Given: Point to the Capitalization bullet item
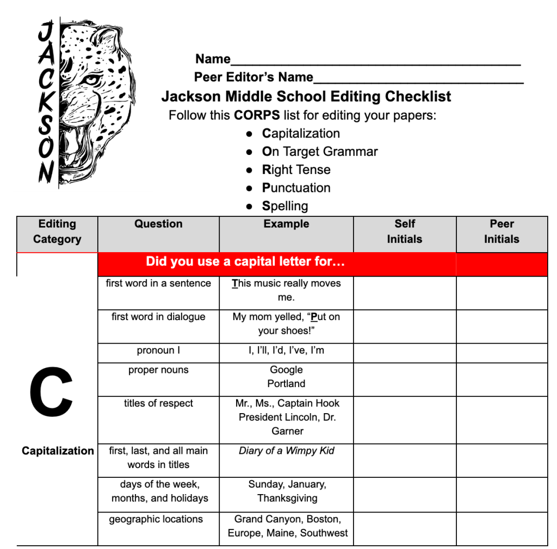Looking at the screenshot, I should coord(301,134).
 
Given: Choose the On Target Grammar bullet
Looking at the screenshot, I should coord(319,152).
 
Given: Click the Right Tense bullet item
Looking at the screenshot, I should coord(296,170).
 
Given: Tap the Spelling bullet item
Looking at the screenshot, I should coord(284,206).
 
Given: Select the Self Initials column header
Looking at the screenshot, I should coord(404,232).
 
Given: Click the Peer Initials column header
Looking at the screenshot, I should coord(502,232).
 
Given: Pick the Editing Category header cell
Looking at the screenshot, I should coord(57,232).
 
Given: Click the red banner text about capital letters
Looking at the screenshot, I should coord(245,262).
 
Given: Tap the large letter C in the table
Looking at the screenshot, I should coord(51,392).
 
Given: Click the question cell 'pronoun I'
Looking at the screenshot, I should coord(158,351).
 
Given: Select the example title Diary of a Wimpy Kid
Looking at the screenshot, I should coord(286,451).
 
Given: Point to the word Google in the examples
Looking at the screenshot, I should coord(286,370).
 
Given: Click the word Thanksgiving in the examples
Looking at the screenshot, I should coord(287,498).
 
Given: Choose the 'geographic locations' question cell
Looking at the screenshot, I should coord(156,519).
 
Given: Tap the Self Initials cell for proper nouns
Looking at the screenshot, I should coord(404,379).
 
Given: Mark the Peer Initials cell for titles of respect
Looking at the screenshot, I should coord(502,420).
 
